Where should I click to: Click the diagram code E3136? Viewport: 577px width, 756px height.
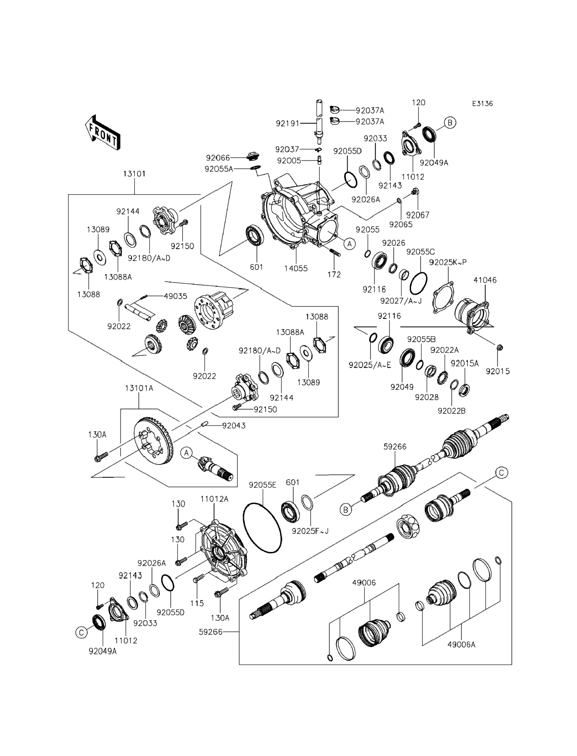coord(482,103)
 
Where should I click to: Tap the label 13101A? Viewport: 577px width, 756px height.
coord(139,388)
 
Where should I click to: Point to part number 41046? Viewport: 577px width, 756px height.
coord(485,280)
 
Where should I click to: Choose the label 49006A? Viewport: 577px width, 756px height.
coord(461,645)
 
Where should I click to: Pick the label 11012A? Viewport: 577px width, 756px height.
coord(214,499)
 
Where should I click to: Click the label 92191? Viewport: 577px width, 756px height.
coord(288,123)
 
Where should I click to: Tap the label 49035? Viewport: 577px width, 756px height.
coord(175,296)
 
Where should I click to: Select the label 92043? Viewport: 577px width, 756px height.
coord(234,425)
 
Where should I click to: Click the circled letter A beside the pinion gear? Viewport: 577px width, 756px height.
coord(186,453)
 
